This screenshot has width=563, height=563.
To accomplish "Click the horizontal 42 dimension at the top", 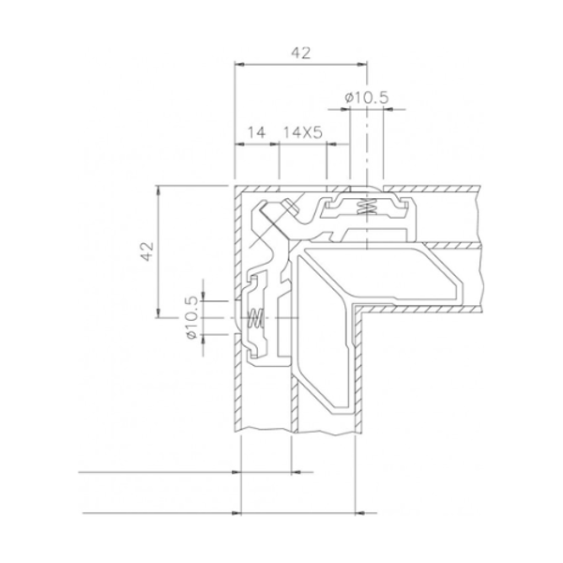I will (x=300, y=53).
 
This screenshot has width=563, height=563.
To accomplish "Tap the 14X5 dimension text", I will (x=302, y=133).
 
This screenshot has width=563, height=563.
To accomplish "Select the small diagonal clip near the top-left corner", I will (x=274, y=221).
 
